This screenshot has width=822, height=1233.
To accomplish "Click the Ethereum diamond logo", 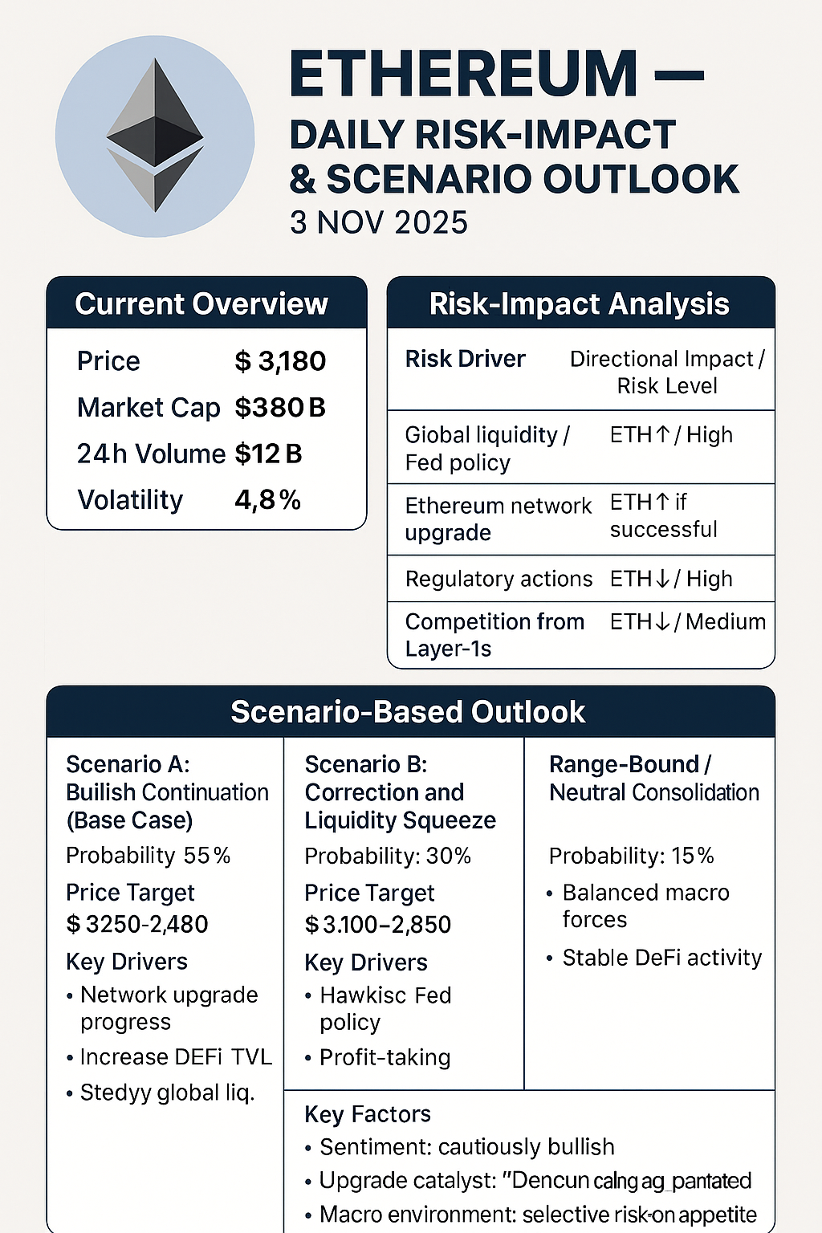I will (x=155, y=136).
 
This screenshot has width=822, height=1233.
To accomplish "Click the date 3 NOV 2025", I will (x=379, y=222).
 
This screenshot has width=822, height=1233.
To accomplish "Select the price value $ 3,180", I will (x=280, y=361).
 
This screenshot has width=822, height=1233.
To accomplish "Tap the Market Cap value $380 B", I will (x=280, y=408).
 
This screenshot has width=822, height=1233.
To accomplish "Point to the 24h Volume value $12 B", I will (x=268, y=454).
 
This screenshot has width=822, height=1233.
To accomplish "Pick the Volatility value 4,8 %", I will (x=267, y=500).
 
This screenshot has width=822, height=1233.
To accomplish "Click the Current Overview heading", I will (x=201, y=304).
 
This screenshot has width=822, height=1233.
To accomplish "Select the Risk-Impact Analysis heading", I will (x=579, y=304).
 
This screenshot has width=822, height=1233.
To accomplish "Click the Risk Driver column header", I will (x=465, y=359).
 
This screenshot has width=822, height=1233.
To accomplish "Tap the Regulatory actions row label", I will (x=498, y=579).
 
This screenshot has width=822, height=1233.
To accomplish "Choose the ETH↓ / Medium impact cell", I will (x=687, y=622).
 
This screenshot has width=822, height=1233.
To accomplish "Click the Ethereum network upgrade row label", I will (x=498, y=519).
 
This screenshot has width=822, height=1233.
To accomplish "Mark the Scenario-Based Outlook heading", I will (x=408, y=712).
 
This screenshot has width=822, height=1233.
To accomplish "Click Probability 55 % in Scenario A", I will (x=149, y=856).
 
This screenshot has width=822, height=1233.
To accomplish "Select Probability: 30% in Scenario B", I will (x=388, y=857).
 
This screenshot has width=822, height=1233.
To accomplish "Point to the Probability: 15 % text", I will (x=631, y=857).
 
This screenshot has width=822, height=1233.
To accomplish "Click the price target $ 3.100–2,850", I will (x=377, y=925).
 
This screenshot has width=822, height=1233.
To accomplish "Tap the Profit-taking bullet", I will (x=385, y=1057).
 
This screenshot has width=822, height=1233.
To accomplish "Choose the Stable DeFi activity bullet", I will (x=661, y=958).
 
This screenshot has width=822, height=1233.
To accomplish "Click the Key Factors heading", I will (x=368, y=1114).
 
